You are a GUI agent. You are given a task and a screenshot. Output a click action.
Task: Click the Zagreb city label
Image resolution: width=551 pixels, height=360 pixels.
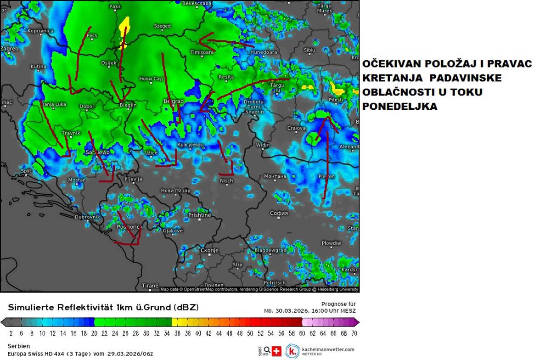click(x=10, y=49)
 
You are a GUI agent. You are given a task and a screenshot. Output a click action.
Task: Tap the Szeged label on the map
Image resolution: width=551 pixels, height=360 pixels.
click(x=163, y=26)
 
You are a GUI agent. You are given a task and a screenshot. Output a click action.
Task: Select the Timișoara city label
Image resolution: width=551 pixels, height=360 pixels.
click(x=202, y=52)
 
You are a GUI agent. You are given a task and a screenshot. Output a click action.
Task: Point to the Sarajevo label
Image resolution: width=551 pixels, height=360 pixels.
click(x=98, y=152)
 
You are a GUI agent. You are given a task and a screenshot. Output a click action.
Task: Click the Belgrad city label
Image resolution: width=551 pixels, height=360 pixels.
click(x=174, y=101)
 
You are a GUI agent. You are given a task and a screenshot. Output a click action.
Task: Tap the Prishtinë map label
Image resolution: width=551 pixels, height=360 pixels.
click(x=200, y=215)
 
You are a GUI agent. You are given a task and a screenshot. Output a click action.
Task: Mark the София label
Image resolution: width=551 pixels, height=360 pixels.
click(x=279, y=213)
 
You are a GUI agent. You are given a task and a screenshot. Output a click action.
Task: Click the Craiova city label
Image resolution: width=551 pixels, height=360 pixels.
click(x=296, y=128)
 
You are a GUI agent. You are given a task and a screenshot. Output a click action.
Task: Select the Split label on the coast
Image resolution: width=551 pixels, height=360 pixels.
click(x=26, y=171)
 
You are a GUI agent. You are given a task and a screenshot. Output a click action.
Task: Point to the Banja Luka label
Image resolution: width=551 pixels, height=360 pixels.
click(x=54, y=105)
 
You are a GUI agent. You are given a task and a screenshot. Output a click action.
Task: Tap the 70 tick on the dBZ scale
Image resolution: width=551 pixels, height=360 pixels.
click(x=354, y=333)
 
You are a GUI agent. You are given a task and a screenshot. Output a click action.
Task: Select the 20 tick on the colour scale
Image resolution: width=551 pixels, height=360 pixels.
click(x=94, y=333)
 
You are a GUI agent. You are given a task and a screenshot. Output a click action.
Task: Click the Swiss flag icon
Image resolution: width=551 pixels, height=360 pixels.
click(x=276, y=351)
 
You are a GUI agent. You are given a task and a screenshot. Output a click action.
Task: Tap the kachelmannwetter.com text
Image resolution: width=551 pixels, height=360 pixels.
click(x=328, y=349)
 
